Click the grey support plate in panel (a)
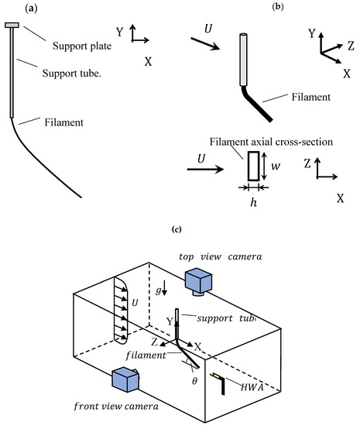(x=12, y=26)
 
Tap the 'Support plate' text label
(x=82, y=46)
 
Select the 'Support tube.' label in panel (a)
(x=72, y=73)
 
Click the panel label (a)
(x=31, y=9)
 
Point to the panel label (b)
(x=278, y=6)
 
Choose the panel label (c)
(x=177, y=229)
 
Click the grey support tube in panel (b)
(x=243, y=60)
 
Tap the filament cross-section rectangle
(x=254, y=166)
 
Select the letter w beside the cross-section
(x=276, y=167)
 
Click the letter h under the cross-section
(x=253, y=202)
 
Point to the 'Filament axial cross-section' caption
(x=271, y=142)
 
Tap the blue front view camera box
(x=125, y=380)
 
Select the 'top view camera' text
(x=221, y=256)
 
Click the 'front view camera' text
(x=116, y=407)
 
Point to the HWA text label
(x=252, y=387)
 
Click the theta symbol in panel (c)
(x=194, y=381)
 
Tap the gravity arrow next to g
(x=165, y=291)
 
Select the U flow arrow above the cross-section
(x=205, y=170)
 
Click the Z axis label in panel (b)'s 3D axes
(x=351, y=46)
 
